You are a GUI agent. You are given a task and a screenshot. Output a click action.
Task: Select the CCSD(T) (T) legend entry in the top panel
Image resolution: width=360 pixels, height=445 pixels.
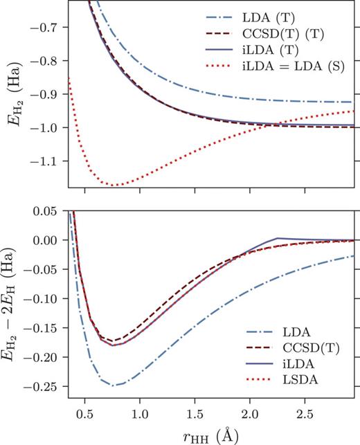click(x=298, y=33)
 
